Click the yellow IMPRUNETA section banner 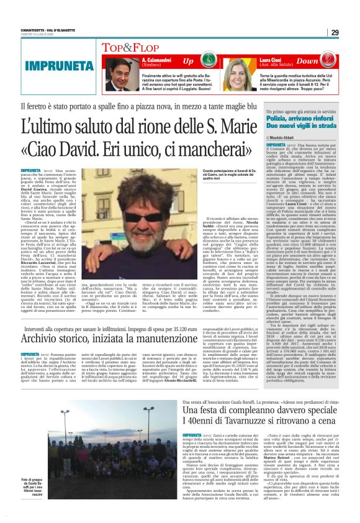[50, 65]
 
